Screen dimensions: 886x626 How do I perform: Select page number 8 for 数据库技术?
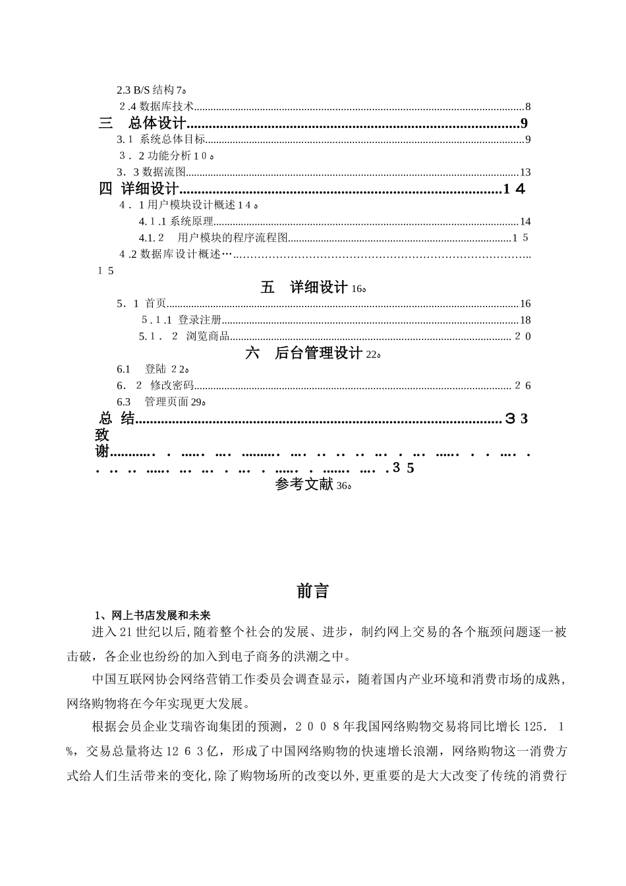pos(528,107)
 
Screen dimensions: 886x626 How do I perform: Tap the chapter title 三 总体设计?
pos(143,123)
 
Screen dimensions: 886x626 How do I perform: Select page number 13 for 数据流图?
pos(525,172)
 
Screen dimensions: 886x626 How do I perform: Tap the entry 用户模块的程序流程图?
pos(233,238)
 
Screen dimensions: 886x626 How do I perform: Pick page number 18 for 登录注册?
pos(525,320)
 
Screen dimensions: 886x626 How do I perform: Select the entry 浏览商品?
pos(208,336)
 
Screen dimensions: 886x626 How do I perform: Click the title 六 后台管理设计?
pos(304,353)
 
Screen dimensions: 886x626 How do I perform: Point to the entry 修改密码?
pos(172,386)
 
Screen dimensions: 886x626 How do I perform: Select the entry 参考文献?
pos(304,485)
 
